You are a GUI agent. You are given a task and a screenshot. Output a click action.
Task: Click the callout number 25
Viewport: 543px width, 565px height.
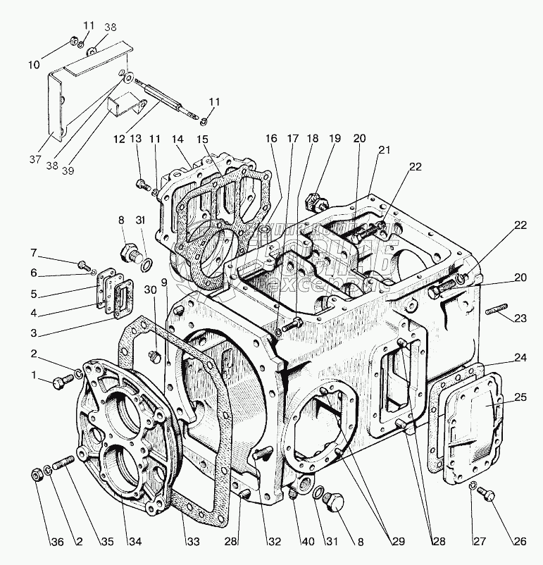point(520,398)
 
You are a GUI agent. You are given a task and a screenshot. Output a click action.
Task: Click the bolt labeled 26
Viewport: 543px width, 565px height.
point(485,497)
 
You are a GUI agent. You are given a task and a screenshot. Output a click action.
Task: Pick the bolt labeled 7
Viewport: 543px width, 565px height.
point(84,265)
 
